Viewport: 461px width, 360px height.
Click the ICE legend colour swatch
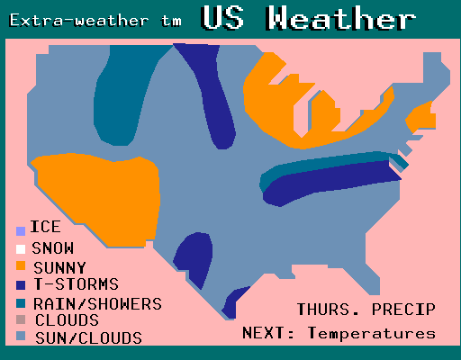coord(21,231)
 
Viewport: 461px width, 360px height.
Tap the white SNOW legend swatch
coord(21,249)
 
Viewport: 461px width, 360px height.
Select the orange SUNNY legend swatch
coord(21,265)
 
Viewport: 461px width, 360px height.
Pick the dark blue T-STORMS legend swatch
coord(21,285)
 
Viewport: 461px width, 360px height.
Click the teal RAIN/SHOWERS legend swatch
coord(21,303)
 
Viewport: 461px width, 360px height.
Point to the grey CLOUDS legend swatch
coord(21,319)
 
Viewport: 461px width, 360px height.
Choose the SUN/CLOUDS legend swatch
coord(21,336)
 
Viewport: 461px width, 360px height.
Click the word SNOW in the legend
coord(53,248)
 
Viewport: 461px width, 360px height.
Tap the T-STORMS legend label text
coord(77,283)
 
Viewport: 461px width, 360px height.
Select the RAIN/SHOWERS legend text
coord(98,303)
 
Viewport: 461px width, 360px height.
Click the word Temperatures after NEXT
coord(372,333)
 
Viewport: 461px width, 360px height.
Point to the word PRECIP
coord(403,310)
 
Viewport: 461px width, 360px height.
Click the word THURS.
coord(328,310)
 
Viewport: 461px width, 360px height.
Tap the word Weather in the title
coord(340,18)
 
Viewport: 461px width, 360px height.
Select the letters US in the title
coord(222,18)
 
